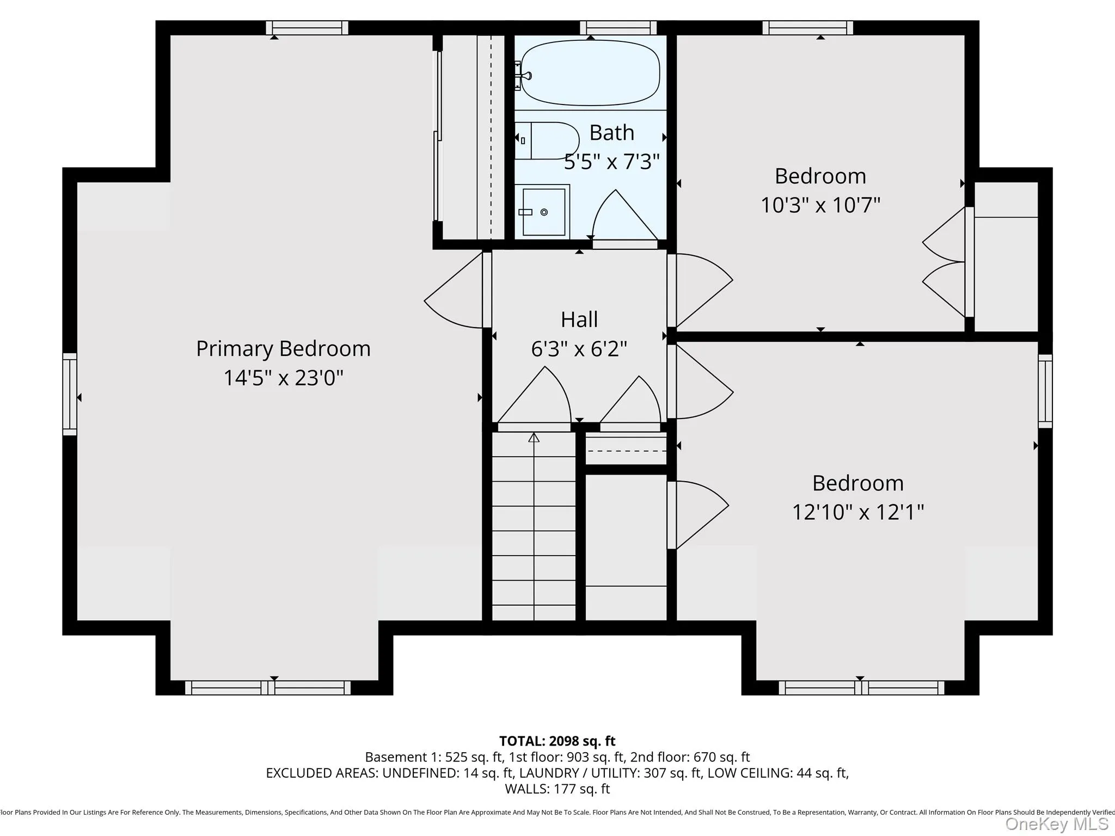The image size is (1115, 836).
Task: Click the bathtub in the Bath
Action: click(x=590, y=72)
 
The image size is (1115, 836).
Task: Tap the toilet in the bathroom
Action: click(x=547, y=140)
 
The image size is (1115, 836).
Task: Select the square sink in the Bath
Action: click(x=543, y=212)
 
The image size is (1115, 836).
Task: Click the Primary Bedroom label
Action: click(x=283, y=348)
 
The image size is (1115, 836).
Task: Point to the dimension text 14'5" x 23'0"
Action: click(x=283, y=378)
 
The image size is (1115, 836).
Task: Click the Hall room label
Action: click(x=579, y=319)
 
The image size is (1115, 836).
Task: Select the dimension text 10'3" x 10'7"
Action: click(x=820, y=205)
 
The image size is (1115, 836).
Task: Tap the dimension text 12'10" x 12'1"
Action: click(x=857, y=512)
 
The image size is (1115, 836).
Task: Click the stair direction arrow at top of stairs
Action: click(x=534, y=438)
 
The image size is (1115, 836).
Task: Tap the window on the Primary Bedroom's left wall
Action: click(x=70, y=394)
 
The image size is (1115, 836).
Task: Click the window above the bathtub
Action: click(x=618, y=28)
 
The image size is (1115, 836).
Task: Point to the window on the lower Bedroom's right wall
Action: click(x=1045, y=391)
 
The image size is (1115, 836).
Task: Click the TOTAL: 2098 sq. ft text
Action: click(x=557, y=741)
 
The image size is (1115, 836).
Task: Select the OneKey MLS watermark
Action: click(x=1056, y=824)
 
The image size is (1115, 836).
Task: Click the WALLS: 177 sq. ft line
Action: click(x=557, y=789)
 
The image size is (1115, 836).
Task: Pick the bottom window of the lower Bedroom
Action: click(x=861, y=688)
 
